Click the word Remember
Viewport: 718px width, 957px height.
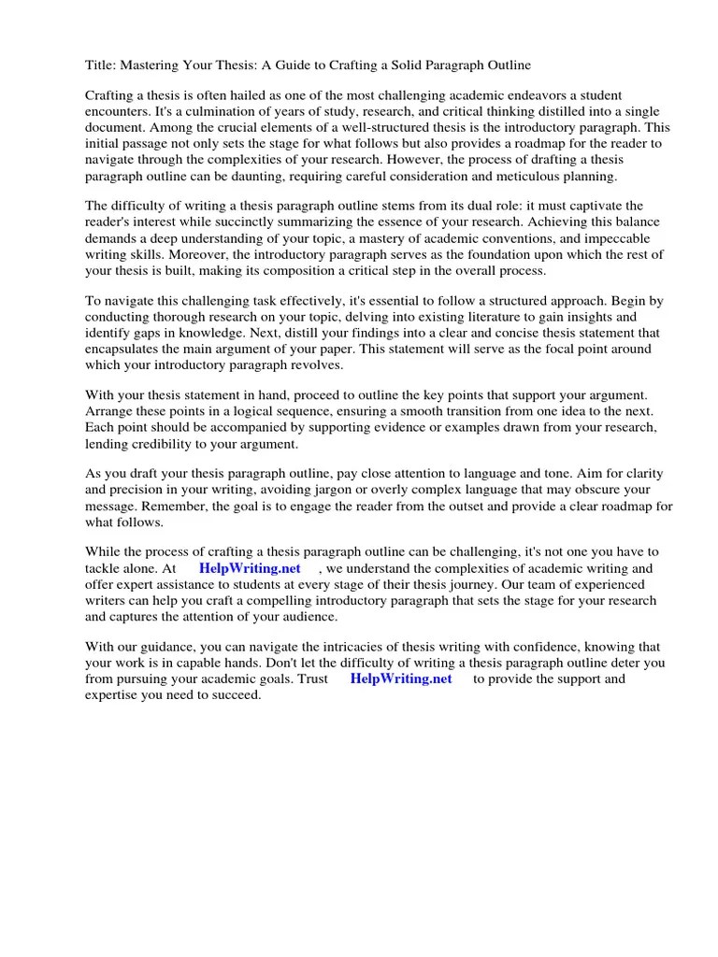click(120, 507)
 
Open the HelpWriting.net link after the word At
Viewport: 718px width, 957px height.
click(250, 568)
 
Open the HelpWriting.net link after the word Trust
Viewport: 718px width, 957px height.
click(400, 678)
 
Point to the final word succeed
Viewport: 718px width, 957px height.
click(238, 694)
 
